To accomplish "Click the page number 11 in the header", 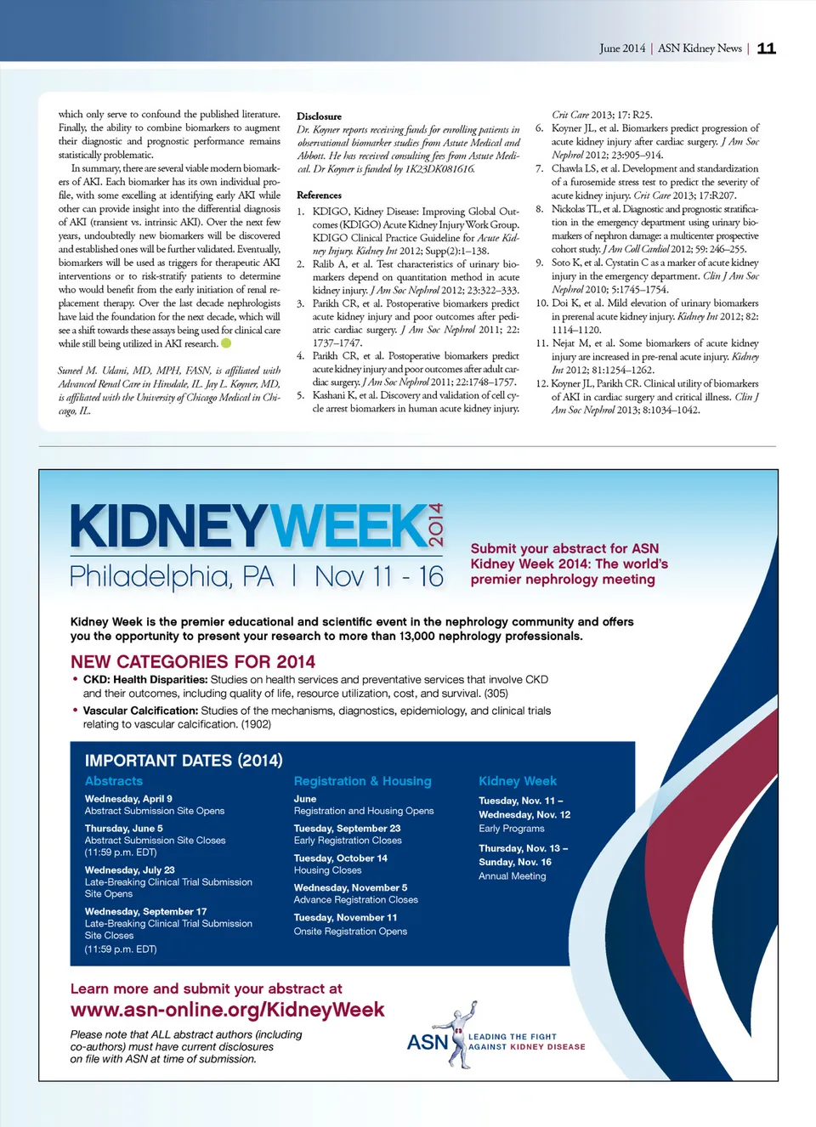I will [x=766, y=48].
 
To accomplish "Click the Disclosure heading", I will [x=319, y=116].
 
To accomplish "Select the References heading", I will [x=319, y=195].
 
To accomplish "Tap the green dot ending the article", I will [x=226, y=343].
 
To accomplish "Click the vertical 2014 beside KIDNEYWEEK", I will [x=436, y=525].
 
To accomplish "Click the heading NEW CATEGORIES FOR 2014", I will [x=193, y=661].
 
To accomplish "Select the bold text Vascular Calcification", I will [x=140, y=711].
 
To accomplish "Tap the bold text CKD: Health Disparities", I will [x=144, y=680].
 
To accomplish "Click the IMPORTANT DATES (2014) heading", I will [x=184, y=760].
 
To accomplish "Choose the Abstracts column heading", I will [x=114, y=781].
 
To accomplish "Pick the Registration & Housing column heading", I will [x=362, y=781].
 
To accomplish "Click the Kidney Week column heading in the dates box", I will [x=518, y=781].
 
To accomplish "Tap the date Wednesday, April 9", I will [x=128, y=799].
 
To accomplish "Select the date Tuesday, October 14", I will [x=340, y=858].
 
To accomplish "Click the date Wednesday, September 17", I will [x=145, y=911].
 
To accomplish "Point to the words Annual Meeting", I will [x=512, y=876].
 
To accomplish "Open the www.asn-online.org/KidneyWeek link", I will [x=227, y=1010].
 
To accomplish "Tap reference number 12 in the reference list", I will [x=541, y=383].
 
